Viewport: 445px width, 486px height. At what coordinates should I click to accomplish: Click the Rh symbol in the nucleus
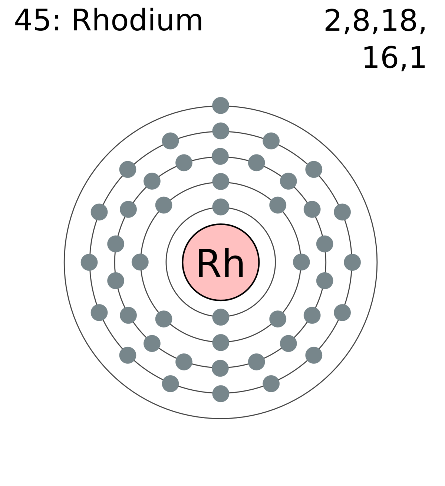point(221,263)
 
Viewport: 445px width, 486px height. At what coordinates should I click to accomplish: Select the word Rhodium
point(137,20)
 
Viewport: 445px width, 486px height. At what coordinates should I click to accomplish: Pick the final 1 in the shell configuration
point(418,58)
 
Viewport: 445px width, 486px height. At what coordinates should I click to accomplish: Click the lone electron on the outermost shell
point(221,106)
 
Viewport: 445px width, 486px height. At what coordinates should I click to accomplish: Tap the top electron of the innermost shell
point(221,207)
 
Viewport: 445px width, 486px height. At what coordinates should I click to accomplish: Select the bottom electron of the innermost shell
point(221,317)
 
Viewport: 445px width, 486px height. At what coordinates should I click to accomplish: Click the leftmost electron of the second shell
point(140,262)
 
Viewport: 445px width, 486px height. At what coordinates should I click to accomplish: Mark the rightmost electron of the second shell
point(301,262)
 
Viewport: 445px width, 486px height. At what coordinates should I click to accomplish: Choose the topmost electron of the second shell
point(221,182)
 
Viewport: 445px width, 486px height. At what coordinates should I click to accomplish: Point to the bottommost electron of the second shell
point(221,343)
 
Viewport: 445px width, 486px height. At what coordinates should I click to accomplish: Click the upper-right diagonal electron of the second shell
point(278,205)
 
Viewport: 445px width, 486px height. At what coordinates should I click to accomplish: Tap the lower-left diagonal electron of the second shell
point(164,319)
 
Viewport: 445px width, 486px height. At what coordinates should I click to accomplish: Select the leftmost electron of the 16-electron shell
point(89,262)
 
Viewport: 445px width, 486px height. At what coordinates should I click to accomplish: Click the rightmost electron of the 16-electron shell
point(352,262)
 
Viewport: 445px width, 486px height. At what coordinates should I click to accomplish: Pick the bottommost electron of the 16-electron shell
point(221,394)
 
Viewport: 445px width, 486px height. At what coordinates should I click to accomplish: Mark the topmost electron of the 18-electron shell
point(220,156)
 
